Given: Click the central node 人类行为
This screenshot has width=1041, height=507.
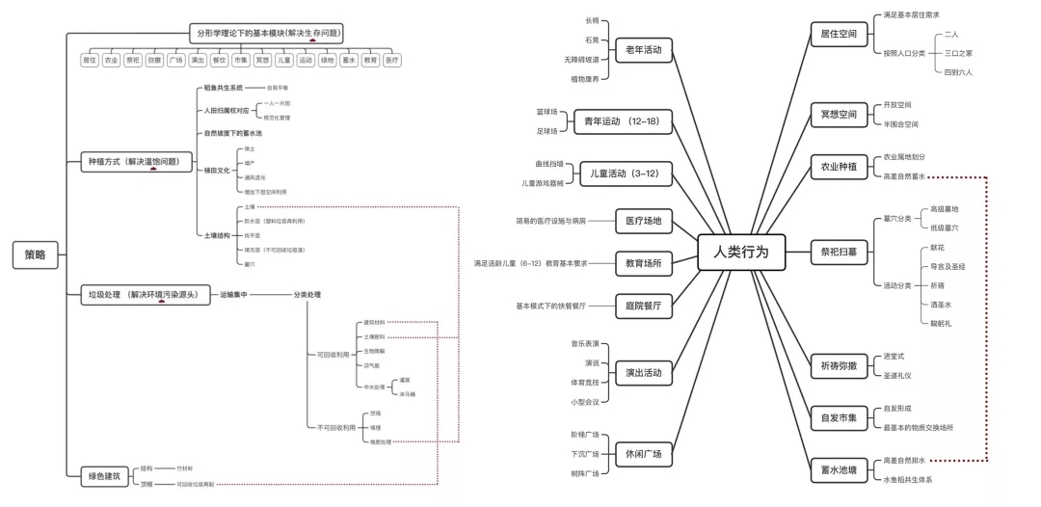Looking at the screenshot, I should [741, 252].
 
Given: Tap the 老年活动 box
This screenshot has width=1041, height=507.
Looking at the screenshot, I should [643, 49].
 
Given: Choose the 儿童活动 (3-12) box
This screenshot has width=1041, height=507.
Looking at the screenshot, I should [627, 173].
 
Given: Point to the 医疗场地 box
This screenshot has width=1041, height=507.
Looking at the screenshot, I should [643, 222].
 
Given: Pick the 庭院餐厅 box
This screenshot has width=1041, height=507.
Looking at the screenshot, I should [643, 307].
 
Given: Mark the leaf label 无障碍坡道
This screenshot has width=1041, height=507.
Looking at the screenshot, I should [581, 60].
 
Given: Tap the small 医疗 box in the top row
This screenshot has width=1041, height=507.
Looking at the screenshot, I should [391, 60].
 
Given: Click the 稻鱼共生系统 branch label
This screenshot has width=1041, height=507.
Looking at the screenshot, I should [223, 87].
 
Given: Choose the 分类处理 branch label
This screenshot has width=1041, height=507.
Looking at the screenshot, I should [307, 295].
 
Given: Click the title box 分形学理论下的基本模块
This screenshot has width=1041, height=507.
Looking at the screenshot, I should [266, 33].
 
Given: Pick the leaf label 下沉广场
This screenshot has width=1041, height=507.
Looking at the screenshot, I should [585, 454].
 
